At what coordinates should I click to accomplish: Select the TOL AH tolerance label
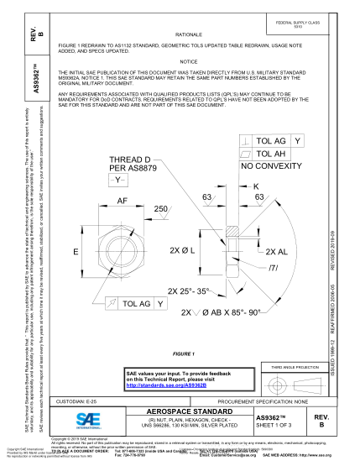(270, 154)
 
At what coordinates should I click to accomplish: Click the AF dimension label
(122, 201)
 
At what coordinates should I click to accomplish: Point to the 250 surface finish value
(160, 207)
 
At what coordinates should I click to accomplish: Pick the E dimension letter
(76, 252)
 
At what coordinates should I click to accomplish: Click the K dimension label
(256, 185)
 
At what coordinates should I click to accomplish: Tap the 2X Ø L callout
(183, 251)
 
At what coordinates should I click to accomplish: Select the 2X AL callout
(276, 251)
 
